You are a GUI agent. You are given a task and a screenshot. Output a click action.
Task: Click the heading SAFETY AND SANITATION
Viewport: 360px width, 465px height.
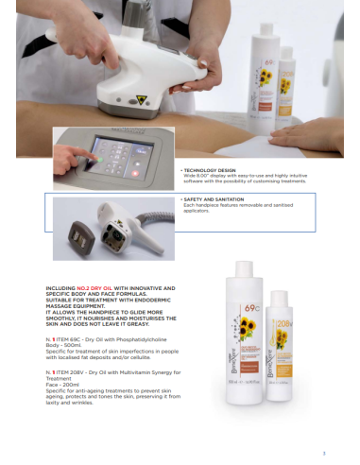pos(210,199)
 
